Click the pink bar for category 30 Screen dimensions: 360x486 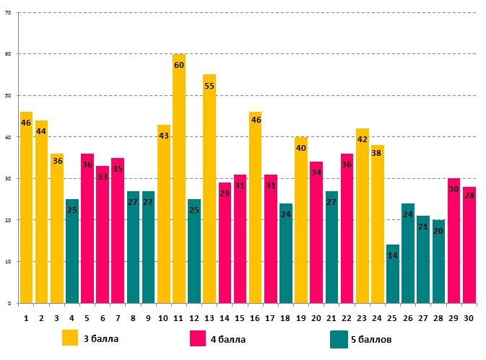tap(469, 245)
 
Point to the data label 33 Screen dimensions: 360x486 tap(103, 177)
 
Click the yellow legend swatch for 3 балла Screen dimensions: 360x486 tap(70, 338)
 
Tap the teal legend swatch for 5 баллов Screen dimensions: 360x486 tap(339, 338)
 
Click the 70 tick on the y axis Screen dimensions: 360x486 tap(7, 13)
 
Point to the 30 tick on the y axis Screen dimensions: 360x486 tap(7, 179)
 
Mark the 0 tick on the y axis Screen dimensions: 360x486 tap(9, 303)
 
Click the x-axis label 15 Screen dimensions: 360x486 tap(240, 317)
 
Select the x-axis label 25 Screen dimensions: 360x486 tap(393, 317)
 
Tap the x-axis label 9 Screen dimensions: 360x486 tap(149, 317)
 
